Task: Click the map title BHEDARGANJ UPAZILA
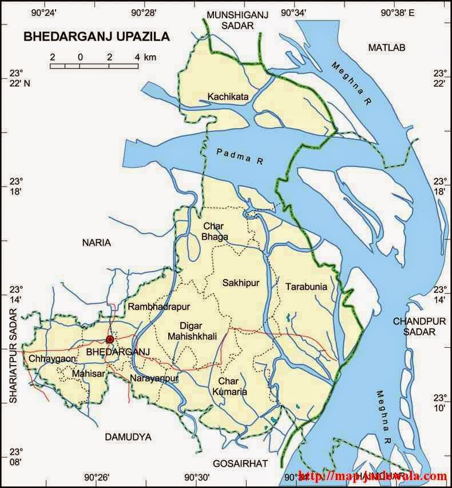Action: (x=96, y=37)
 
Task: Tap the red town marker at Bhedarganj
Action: (x=110, y=339)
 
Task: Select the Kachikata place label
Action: (x=228, y=97)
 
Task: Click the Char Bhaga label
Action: (x=216, y=232)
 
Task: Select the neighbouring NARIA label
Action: (x=96, y=243)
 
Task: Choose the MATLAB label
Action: (x=386, y=47)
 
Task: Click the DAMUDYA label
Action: (x=128, y=437)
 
